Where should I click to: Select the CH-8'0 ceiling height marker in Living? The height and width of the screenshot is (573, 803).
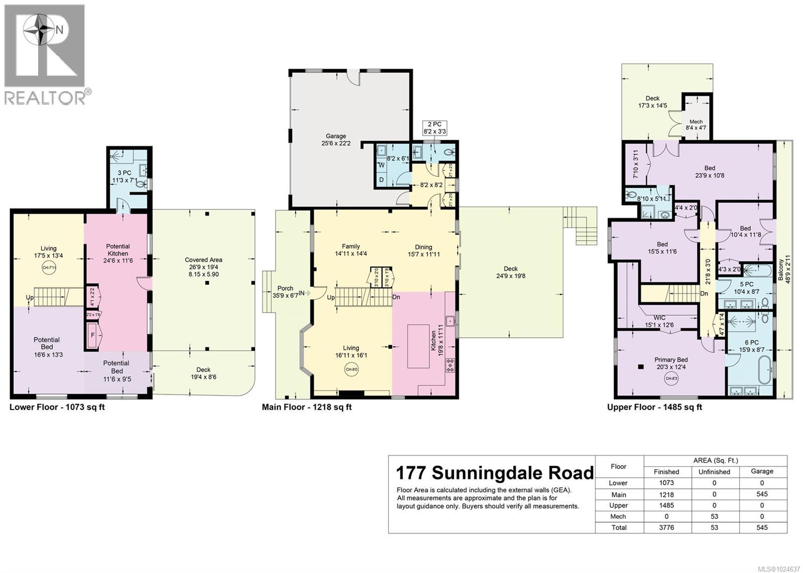(351, 370)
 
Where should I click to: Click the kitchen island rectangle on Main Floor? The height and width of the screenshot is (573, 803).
(417, 346)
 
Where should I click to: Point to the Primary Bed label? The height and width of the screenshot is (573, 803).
(671, 359)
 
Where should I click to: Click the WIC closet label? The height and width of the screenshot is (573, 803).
(659, 318)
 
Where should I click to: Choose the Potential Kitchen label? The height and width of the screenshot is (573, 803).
(118, 250)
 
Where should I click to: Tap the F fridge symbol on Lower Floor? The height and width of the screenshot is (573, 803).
(92, 335)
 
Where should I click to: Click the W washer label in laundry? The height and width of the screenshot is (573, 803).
(381, 165)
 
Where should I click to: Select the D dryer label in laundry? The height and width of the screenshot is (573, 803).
(381, 179)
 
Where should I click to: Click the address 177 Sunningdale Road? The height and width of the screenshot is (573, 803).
(494, 473)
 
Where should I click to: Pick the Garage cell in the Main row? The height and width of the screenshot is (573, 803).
(761, 494)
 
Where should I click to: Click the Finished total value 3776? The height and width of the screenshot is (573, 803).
(666, 527)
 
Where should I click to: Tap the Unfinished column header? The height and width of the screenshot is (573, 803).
(714, 472)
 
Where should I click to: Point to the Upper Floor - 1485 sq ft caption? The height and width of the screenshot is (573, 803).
(654, 407)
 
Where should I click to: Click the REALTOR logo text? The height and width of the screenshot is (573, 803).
(45, 98)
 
